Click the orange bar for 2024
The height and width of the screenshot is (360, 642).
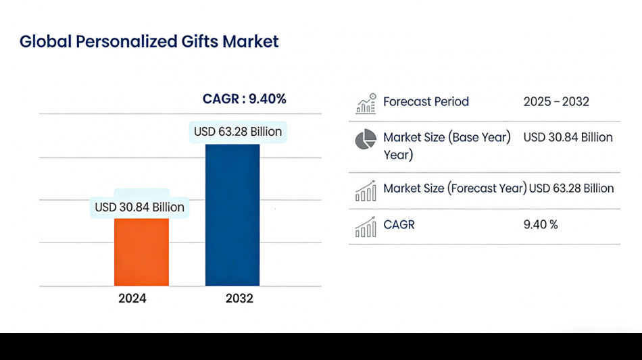[x=141, y=251]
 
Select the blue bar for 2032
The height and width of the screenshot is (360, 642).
[x=232, y=215]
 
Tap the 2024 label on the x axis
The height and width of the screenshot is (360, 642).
[x=132, y=298]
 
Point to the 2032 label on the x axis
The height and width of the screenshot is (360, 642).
[x=239, y=298]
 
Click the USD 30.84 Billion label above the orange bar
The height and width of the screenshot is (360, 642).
[x=139, y=207]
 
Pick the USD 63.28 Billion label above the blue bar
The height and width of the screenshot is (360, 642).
[x=238, y=132]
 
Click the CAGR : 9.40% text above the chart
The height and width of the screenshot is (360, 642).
[x=244, y=99]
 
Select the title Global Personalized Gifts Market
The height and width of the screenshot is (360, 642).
[x=149, y=41]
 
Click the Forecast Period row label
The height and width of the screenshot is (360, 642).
[x=426, y=102]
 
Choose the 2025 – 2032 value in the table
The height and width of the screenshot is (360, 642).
[x=556, y=102]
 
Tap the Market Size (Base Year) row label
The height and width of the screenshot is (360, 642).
[x=447, y=138]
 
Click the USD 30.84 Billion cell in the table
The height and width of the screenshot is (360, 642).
[x=568, y=138]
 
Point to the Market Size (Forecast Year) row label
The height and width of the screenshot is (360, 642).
[x=455, y=188]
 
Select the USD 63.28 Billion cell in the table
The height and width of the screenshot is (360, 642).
[x=572, y=188]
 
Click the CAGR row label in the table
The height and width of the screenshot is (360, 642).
[x=399, y=225]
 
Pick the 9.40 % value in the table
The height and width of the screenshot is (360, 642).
[x=541, y=225]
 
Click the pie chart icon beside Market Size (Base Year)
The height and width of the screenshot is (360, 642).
[x=366, y=140]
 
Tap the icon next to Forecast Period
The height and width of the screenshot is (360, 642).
[x=366, y=103]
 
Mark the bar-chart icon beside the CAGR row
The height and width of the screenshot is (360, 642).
[x=366, y=227]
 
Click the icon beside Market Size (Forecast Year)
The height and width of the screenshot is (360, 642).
[x=366, y=190]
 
